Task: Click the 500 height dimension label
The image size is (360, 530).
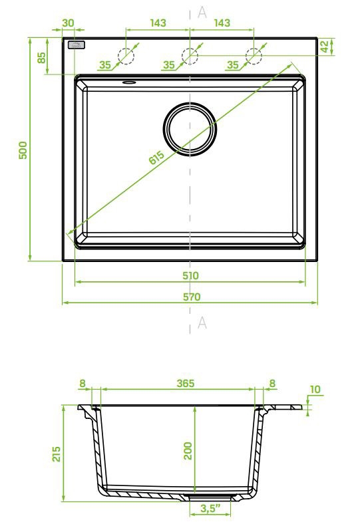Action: [x=23, y=150]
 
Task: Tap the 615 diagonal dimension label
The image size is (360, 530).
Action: [x=156, y=157]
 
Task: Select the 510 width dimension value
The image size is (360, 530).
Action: [x=190, y=276]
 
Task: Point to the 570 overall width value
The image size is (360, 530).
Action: [x=192, y=297]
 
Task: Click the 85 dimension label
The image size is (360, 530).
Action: [x=41, y=57]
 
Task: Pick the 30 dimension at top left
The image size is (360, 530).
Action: [x=68, y=23]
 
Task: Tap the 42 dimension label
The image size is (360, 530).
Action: [x=324, y=47]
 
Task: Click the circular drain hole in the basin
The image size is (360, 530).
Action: [x=190, y=129]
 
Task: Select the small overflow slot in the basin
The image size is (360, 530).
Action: [x=129, y=82]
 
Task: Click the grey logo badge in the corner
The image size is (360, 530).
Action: [x=76, y=45]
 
